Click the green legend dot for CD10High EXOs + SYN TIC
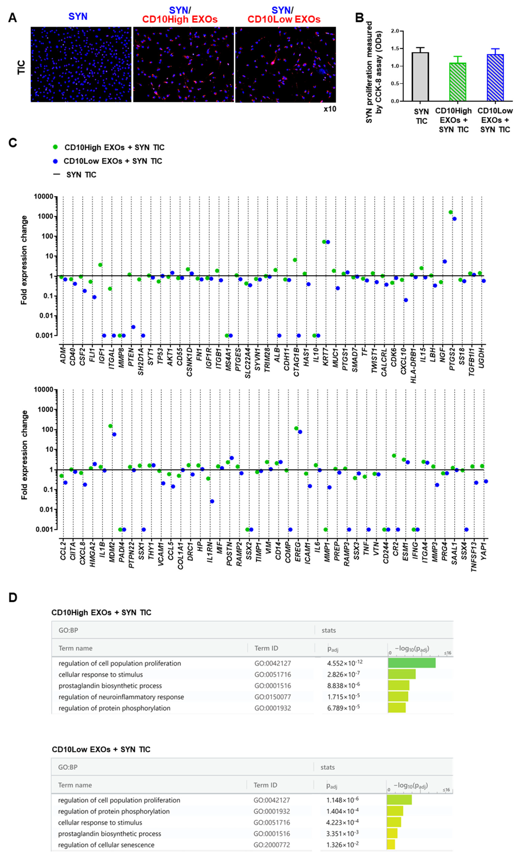pyautogui.click(x=55, y=147)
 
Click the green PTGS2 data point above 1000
pyautogui.click(x=451, y=212)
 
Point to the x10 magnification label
pyautogui.click(x=330, y=109)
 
